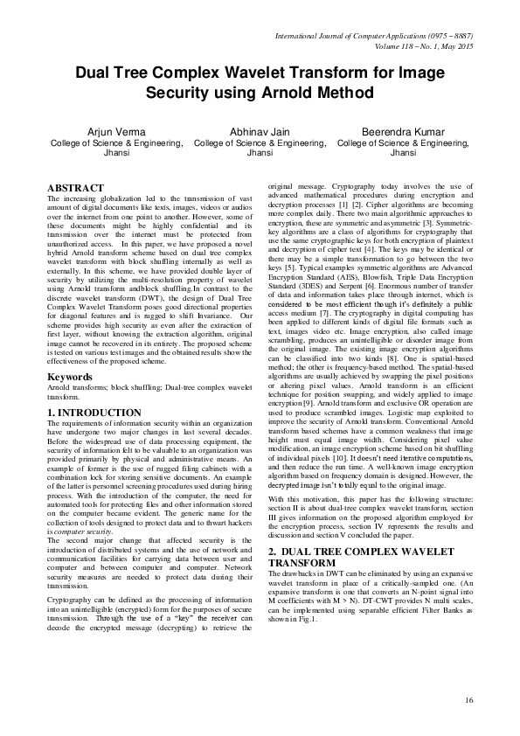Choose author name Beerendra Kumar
[404, 129]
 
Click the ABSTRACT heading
[74, 188]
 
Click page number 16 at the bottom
[468, 700]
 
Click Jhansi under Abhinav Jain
[260, 152]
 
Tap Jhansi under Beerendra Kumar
[404, 152]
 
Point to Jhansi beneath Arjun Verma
[104, 152]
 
